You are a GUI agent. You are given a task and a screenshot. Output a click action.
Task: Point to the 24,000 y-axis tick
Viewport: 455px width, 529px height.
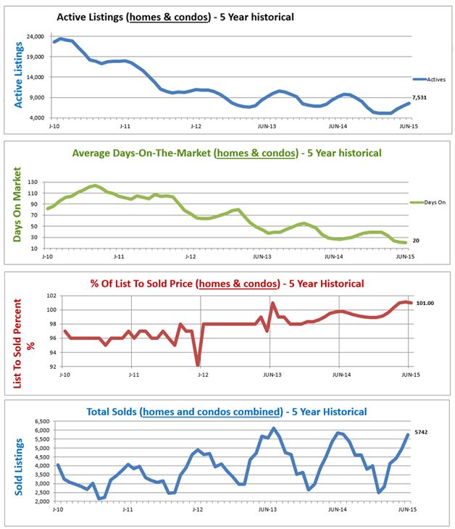point(33,36)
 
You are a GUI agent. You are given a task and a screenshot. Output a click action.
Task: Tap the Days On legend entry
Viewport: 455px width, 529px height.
point(431,203)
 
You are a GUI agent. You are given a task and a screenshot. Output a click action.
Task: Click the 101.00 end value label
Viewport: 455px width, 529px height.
point(425,303)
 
